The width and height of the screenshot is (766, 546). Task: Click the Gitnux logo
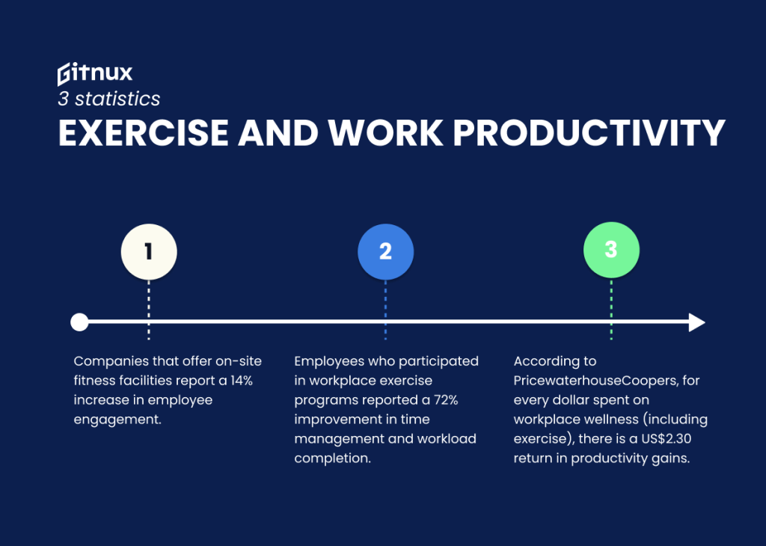coord(95,73)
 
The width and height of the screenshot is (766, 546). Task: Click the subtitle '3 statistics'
coord(109,98)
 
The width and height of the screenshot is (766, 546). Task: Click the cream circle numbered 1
coord(149,251)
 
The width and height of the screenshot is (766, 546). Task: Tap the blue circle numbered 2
coord(385,251)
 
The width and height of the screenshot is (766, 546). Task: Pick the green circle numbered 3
coord(611,249)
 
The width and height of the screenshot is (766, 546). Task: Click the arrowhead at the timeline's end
coord(696,322)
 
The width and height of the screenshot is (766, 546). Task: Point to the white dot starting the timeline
coord(79,322)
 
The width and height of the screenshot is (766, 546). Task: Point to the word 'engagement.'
coord(117,420)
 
